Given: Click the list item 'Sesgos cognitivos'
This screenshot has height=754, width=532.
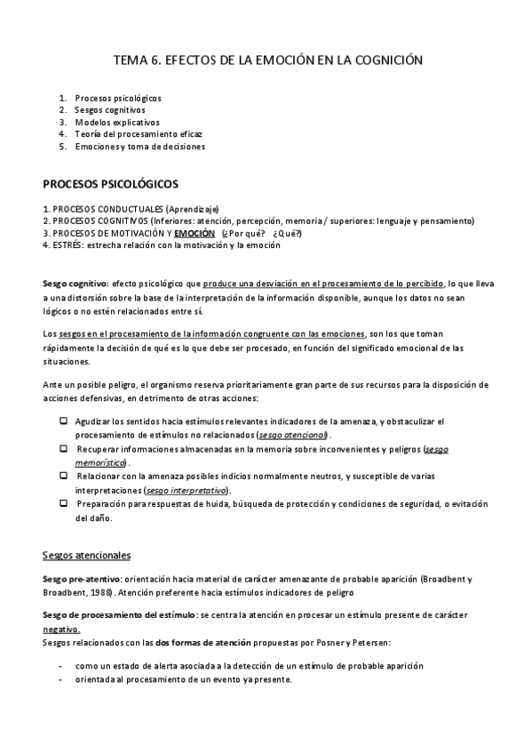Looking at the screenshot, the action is coord(110,109).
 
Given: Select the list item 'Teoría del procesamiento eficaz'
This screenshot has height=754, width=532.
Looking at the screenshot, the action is coord(130,133).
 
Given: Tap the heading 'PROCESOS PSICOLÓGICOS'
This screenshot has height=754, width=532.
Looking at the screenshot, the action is coord(111,184).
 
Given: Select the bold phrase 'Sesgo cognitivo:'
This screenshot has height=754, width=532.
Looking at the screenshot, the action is coord(75,283).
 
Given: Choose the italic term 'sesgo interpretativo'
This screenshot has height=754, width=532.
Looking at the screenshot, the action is coord(186,490).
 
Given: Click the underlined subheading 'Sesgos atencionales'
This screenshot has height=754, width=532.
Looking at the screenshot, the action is coord(87,556).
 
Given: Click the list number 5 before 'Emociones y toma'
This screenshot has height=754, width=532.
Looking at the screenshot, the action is coord(63,146).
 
